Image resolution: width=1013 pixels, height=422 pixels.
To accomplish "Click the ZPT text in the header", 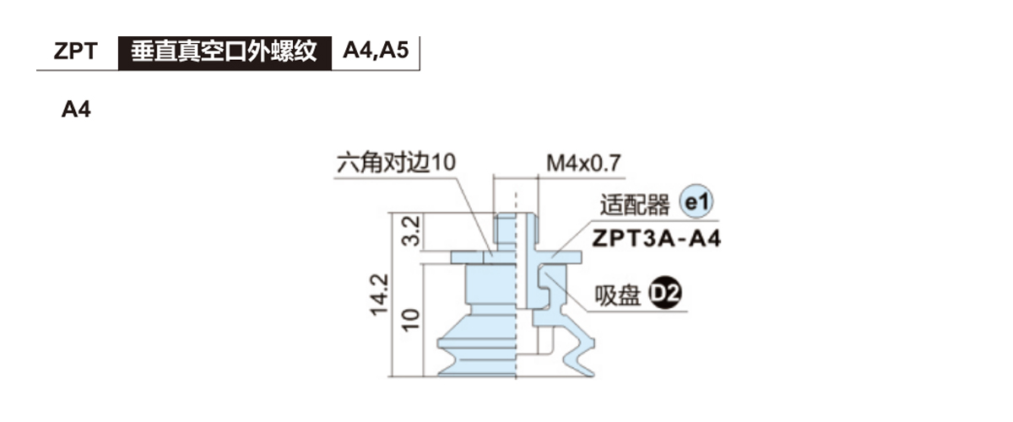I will [x=75, y=51].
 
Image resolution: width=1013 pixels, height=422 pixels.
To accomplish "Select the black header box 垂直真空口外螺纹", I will [x=224, y=51].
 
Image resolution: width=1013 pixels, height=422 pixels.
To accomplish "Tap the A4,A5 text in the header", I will [x=376, y=51].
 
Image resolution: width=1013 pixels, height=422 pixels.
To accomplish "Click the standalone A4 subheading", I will [x=76, y=111].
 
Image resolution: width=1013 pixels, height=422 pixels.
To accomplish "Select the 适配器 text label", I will [x=634, y=205].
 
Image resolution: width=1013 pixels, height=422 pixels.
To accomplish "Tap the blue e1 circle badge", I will [x=697, y=203].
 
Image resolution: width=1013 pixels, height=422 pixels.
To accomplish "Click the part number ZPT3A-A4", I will [x=656, y=238].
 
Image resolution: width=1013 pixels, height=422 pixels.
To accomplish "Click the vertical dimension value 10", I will [x=412, y=318].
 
